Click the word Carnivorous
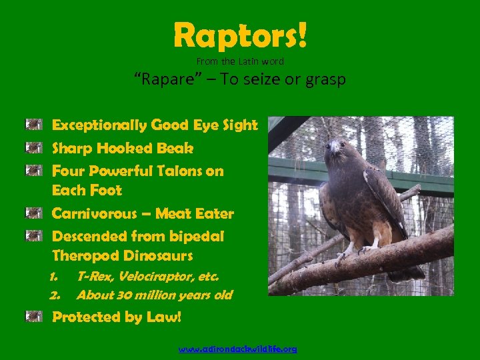(x=96, y=214)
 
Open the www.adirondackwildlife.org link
(x=239, y=349)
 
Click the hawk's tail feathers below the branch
(x=407, y=272)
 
